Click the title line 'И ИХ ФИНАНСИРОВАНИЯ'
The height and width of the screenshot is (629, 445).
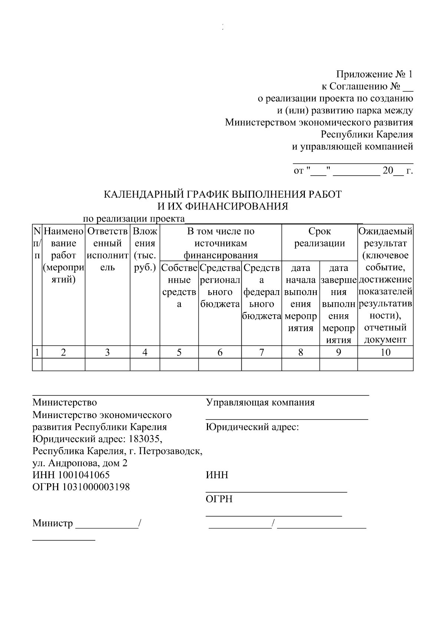221,206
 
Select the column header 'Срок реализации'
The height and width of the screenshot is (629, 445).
319,238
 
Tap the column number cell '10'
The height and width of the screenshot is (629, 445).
385,352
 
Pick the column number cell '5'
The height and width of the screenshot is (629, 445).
179,352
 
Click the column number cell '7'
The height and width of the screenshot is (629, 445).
261,352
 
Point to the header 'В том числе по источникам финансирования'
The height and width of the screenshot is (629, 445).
221,243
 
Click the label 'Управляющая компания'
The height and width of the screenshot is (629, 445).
260,403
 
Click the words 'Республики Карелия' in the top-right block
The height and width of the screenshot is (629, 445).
366,134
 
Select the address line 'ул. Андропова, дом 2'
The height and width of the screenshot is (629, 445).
80,463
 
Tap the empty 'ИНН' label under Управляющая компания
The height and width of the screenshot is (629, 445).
217,475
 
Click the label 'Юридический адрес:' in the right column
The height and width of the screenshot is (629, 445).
252,427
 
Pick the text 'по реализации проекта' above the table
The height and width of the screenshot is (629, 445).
133,219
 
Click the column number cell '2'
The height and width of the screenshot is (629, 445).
63,352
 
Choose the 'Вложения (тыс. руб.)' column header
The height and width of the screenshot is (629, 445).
145,249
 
